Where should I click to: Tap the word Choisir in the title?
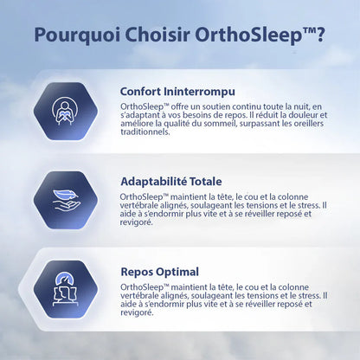tap(150, 37)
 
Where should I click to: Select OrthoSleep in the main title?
tap(238, 37)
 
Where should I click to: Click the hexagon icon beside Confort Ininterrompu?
tap(63, 111)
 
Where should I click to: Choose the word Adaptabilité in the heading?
tap(156, 182)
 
